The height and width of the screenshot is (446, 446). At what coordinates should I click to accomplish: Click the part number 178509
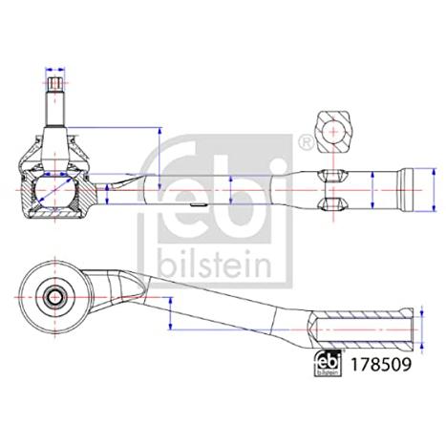[x=380, y=365]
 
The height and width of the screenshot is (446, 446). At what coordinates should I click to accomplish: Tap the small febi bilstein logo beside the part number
[x=328, y=363]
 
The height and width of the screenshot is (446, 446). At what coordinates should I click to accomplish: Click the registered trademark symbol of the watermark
[x=306, y=143]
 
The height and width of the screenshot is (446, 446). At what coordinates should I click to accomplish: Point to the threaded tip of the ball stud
[x=55, y=84]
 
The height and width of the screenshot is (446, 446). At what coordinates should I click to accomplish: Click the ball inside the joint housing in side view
[x=54, y=190]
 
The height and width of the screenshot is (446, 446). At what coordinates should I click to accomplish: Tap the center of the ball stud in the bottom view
[x=55, y=298]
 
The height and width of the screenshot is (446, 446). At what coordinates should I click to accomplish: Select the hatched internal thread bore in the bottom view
[x=361, y=329]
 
